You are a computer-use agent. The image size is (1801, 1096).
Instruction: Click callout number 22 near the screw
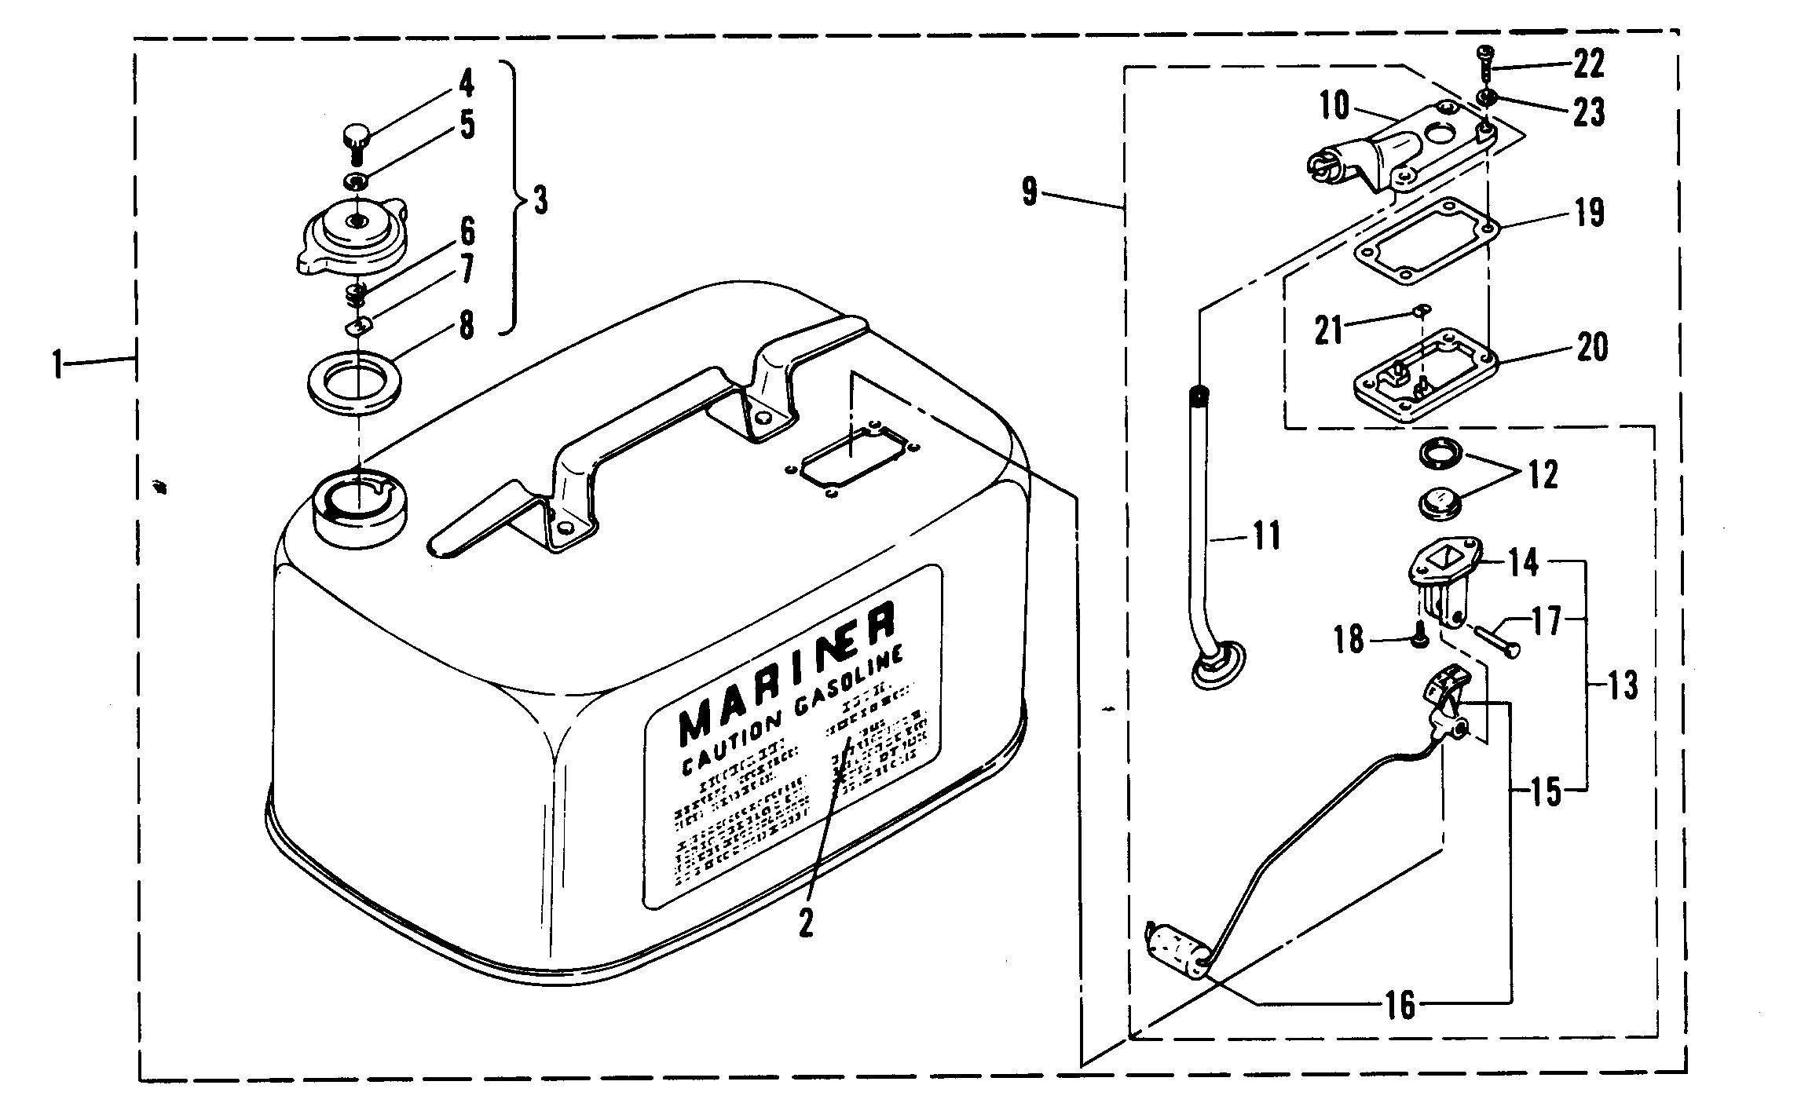[1587, 64]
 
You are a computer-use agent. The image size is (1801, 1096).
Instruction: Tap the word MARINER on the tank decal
[785, 671]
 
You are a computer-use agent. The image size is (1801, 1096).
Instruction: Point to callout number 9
[1030, 192]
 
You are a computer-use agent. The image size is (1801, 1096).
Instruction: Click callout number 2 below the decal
[805, 924]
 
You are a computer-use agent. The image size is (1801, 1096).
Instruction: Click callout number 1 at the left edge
[57, 365]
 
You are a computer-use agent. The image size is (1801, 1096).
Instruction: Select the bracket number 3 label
[540, 201]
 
